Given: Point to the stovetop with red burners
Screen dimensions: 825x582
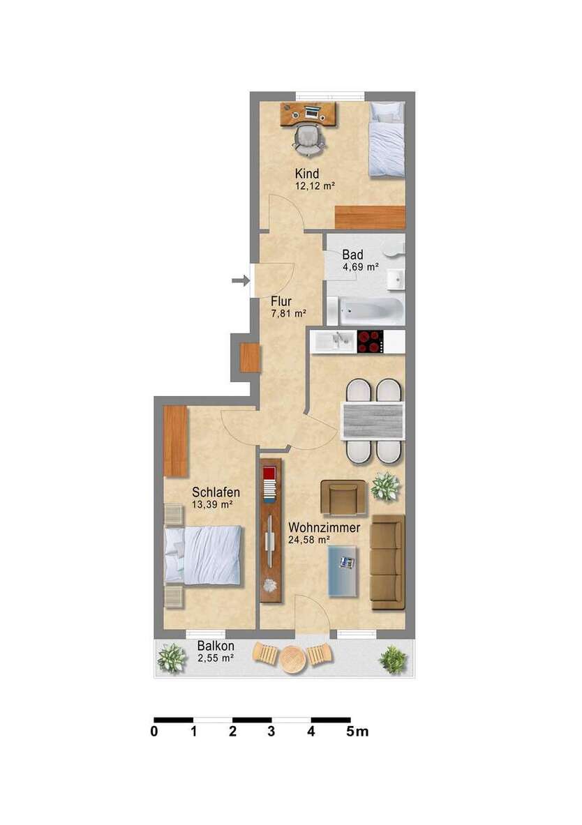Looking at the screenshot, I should (x=370, y=341).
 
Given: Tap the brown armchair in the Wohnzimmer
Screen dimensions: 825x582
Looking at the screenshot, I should (x=343, y=497).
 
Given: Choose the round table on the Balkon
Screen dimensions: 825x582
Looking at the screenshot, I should (x=292, y=658).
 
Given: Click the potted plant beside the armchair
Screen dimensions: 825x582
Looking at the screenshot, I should (x=385, y=486).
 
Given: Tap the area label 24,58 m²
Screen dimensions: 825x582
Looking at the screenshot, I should (x=308, y=540).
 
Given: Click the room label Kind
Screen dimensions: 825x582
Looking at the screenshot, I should (x=307, y=174).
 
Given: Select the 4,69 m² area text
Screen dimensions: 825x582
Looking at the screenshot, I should (x=360, y=267).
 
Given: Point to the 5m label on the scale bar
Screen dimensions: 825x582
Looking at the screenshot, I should (x=358, y=732).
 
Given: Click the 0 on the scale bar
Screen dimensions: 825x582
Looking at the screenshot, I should (x=154, y=732).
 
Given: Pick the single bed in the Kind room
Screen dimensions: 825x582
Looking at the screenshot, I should (x=387, y=139).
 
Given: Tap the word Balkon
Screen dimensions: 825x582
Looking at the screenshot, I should (x=215, y=646).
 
